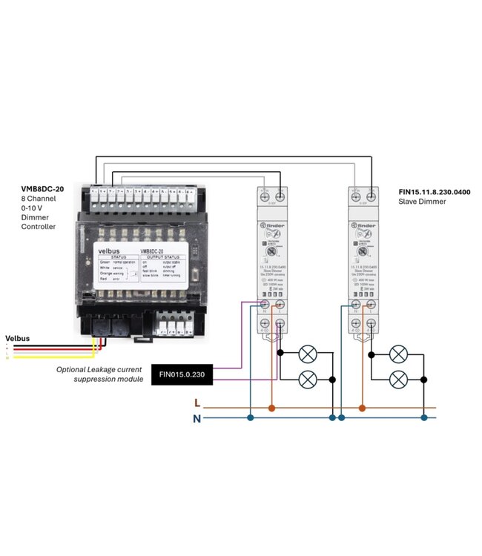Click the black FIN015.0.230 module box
(x=182, y=375)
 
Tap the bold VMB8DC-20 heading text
(x=42, y=189)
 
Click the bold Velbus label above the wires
(x=18, y=338)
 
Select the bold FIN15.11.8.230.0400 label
(x=434, y=192)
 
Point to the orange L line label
(x=197, y=403)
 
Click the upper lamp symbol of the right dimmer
(x=398, y=353)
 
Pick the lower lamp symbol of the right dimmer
(x=398, y=380)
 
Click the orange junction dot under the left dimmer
(x=271, y=408)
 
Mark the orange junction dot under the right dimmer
(x=362, y=408)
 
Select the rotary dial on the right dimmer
(x=363, y=251)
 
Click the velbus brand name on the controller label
(x=110, y=251)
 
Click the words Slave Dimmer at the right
(x=423, y=202)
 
